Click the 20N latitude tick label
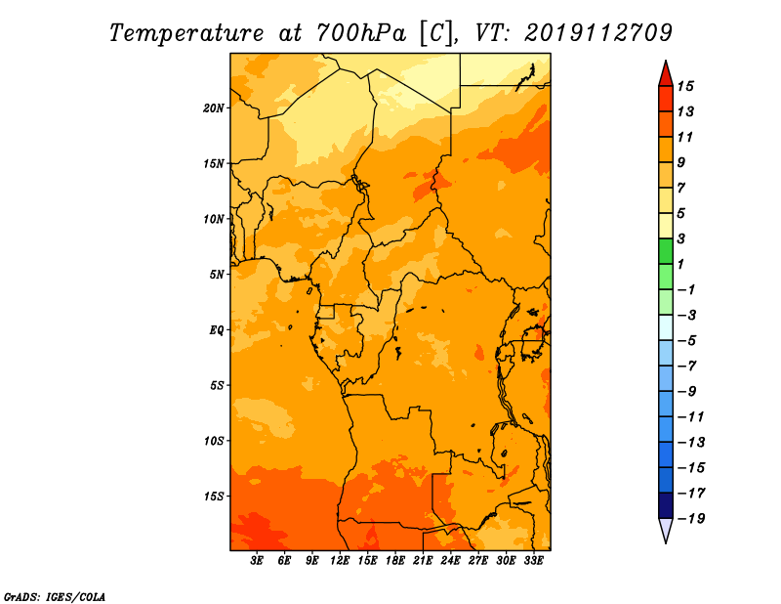tap(213, 108)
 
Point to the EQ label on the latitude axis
tap(216, 330)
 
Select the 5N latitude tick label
tap(217, 275)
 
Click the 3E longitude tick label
tap(257, 560)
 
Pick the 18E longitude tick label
tap(395, 560)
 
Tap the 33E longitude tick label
tap(533, 560)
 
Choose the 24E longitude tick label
tap(450, 560)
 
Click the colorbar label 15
tap(685, 87)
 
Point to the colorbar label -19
tap(691, 519)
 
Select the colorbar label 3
tap(681, 238)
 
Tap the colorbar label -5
tap(687, 341)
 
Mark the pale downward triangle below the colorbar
tap(666, 529)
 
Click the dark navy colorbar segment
tap(666, 505)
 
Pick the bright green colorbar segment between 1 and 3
tap(666, 251)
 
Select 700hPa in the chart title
tap(361, 33)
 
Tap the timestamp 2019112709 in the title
tap(598, 33)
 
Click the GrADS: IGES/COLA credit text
tap(55, 597)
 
